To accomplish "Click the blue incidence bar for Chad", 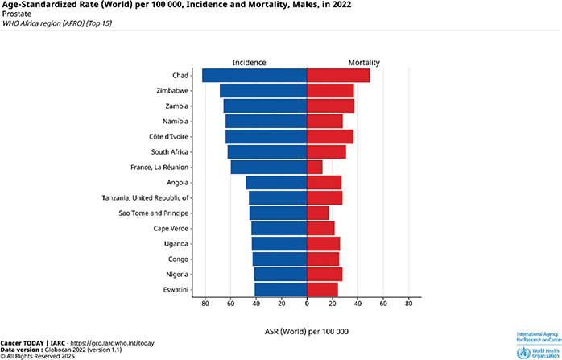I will [254, 76].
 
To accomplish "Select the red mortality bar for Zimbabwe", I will [330, 91].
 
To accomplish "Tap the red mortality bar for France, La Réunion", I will [315, 168].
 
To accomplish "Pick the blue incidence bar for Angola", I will [276, 183].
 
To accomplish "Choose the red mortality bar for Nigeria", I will [324, 275].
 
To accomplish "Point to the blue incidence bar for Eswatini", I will [280, 290].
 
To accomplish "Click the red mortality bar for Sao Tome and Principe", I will [318, 213].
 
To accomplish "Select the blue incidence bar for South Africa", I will [267, 152].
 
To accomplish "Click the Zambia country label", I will [176, 106].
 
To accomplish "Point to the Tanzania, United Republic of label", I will [145, 198].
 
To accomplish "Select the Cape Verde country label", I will [171, 229].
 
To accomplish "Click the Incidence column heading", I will [249, 63].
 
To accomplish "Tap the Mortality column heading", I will [364, 63].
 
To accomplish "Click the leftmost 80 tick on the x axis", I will [205, 304].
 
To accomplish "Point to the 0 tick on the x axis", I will [307, 304].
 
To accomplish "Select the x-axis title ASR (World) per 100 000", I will [306, 331].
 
